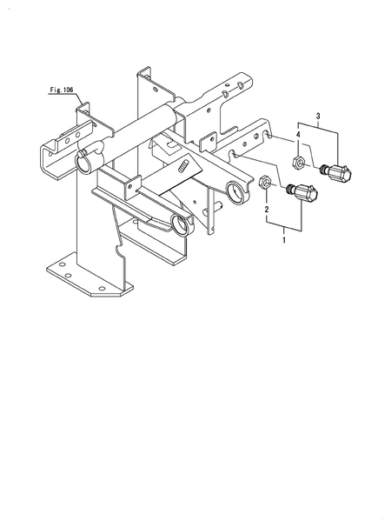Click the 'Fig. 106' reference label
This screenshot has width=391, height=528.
(62, 88)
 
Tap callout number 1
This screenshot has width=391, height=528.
(283, 239)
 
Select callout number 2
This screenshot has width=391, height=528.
(267, 209)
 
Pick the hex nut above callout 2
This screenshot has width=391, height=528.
(267, 184)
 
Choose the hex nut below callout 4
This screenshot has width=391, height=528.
(297, 161)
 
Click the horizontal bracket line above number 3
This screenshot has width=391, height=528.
(318, 127)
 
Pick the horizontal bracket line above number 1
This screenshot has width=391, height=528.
(283, 230)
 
